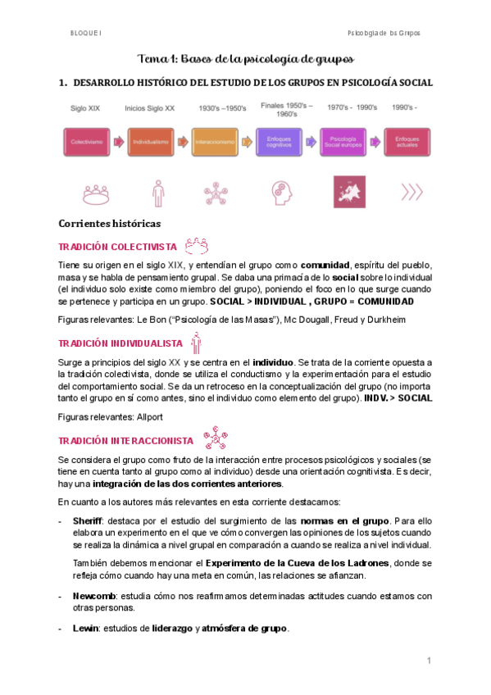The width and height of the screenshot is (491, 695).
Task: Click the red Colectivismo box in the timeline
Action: click(85, 142)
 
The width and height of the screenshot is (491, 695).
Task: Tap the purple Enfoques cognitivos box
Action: click(280, 142)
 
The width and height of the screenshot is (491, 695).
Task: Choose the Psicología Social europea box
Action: click(344, 142)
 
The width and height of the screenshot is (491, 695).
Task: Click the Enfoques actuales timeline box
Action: click(407, 142)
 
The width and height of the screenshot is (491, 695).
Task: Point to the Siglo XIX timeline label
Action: click(85, 108)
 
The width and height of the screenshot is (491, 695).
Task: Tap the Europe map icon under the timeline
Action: click(344, 193)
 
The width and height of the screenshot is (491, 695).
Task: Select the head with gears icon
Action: click(280, 193)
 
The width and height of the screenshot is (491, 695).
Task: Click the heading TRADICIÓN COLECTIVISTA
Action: click(117, 246)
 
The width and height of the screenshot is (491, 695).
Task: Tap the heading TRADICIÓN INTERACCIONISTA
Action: click(126, 440)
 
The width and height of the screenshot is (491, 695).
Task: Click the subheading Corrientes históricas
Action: click(109, 223)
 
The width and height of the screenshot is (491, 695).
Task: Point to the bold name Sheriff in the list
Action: click(89, 520)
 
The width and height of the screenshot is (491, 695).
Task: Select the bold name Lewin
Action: click(86, 629)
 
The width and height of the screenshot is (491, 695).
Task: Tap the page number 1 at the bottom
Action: click(428, 661)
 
